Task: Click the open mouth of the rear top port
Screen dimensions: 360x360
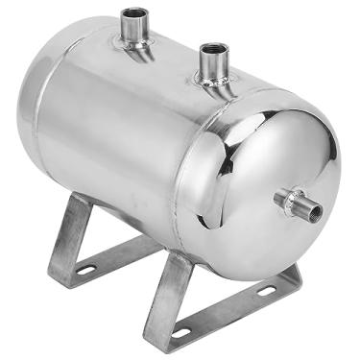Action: [134, 13]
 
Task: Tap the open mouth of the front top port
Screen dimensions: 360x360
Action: [212, 48]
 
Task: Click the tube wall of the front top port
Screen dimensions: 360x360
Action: [213, 65]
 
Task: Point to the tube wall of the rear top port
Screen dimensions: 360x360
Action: [134, 29]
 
